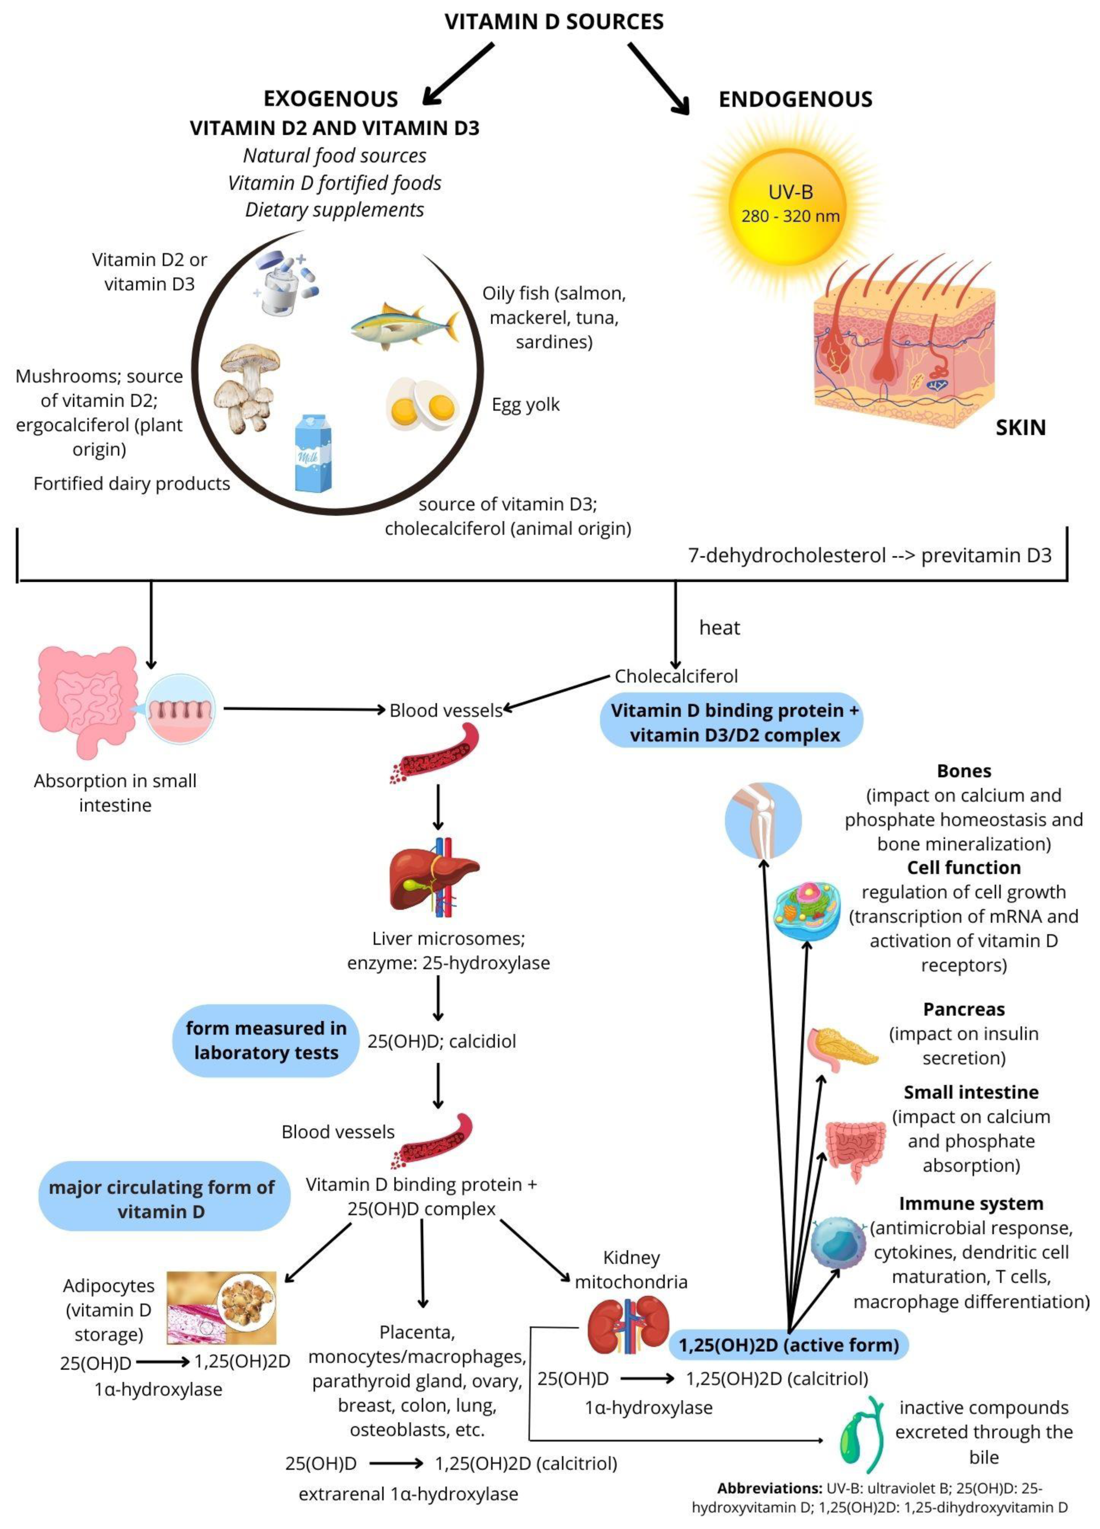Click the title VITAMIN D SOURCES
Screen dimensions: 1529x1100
553,22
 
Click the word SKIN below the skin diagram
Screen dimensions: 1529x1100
1020,427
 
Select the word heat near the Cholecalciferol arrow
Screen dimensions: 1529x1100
719,628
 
